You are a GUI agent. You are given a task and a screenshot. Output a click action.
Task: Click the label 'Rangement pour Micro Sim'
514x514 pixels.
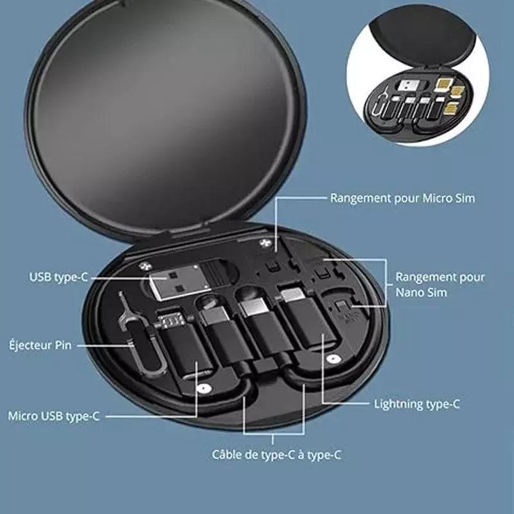pos(403,199)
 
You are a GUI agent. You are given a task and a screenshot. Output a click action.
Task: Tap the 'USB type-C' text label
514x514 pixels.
pos(58,278)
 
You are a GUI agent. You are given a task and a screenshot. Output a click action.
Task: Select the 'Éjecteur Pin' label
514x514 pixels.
pos(40,345)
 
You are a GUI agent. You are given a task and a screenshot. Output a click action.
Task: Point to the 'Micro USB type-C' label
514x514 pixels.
pos(54,416)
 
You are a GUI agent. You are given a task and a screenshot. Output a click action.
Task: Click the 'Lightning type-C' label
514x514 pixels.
pos(417,404)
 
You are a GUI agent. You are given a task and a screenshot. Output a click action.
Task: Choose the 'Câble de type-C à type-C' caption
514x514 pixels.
pos(277,455)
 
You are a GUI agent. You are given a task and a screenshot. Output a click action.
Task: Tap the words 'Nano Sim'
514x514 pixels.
pos(421,292)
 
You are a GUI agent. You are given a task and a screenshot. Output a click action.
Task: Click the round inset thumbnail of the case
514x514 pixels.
pos(418,75)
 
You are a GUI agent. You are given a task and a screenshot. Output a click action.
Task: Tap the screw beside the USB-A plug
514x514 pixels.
pos(144,266)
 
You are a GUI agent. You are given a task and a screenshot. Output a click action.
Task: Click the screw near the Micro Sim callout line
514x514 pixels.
pos(265,244)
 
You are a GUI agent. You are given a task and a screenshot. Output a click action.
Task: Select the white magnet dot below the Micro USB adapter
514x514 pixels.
pos(204,389)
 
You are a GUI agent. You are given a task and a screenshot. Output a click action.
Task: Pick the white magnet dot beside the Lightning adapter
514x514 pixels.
pos(333,359)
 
